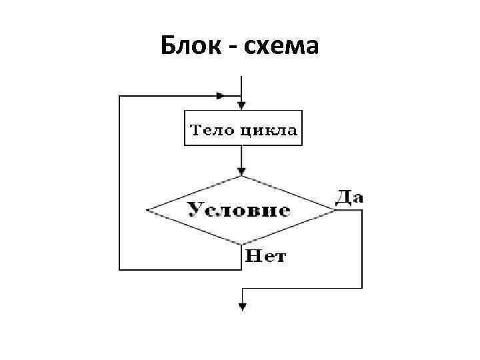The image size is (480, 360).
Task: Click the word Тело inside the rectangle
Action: pos(210,129)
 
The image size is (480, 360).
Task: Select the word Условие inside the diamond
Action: pos(239,210)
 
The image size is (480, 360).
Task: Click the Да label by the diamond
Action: pos(349,197)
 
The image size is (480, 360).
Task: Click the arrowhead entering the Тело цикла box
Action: pos(242,105)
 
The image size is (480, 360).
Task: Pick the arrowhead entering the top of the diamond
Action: pos(242,171)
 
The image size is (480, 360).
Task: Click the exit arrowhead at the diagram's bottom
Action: pos(242,307)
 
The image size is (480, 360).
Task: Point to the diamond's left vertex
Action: pos(147,211)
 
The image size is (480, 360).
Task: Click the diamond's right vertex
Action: pos(337,211)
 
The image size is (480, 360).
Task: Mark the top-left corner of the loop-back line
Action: pos(119,96)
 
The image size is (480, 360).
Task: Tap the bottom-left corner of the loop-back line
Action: pos(119,269)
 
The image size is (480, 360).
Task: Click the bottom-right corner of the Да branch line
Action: pos(362,288)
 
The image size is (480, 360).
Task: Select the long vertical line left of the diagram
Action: pos(119,183)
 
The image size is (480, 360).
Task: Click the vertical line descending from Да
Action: pos(362,250)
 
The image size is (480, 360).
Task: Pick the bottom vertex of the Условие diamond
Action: pos(242,244)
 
